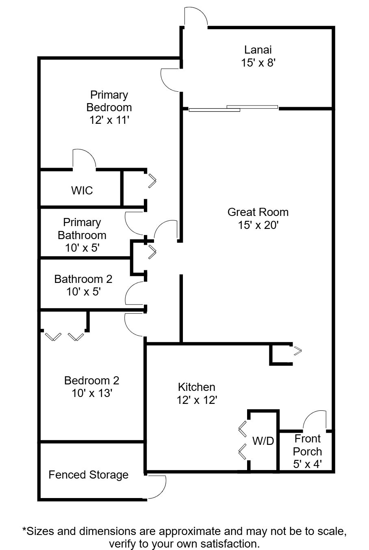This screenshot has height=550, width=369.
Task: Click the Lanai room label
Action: [258, 50]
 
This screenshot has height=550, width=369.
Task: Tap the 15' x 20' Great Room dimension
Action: [258, 225]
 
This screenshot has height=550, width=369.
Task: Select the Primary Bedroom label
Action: [109, 101]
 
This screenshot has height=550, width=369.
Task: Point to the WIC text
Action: [82, 190]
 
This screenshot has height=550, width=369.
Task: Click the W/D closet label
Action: [263, 441]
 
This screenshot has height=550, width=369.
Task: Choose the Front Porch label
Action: [308, 445]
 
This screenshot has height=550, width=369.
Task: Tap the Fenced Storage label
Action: [89, 475]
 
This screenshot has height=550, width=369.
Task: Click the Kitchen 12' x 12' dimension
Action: [197, 400]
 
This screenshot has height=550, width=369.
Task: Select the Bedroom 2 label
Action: [92, 381]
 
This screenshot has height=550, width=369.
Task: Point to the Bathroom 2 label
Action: [83, 279]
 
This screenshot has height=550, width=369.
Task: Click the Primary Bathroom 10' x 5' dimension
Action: [82, 248]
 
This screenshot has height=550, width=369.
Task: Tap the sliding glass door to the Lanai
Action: [233, 108]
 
